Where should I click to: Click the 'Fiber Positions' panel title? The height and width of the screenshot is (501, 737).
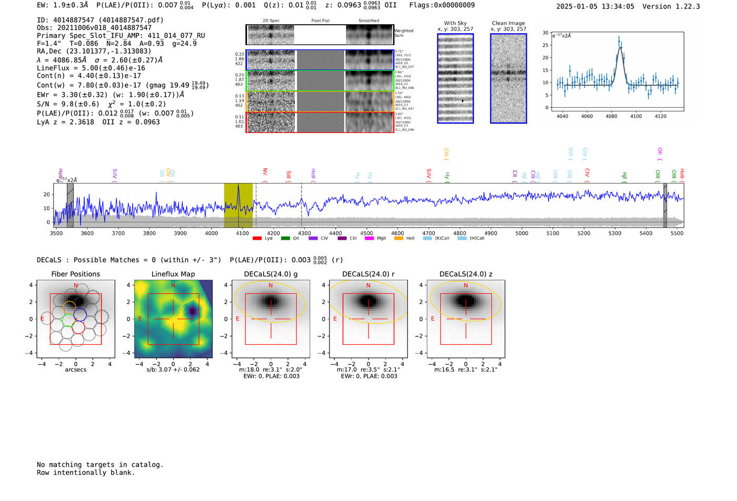[75, 274]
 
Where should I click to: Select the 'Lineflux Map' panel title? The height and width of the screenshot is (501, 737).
[173, 274]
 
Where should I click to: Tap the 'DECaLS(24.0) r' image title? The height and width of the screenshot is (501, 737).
[368, 274]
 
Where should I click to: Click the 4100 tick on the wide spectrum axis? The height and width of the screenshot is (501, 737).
[242, 233]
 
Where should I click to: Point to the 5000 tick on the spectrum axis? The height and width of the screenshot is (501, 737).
[522, 233]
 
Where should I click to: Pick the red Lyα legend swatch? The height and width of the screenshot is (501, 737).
[257, 238]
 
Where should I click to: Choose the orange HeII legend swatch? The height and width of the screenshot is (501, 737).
[399, 238]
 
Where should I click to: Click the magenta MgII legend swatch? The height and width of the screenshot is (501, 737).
[369, 238]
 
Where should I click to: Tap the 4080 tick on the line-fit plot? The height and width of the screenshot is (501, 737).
[611, 116]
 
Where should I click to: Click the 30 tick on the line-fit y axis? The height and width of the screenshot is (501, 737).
[545, 33]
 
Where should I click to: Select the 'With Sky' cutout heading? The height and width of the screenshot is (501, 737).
[455, 23]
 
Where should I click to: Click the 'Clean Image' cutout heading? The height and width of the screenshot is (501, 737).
[508, 23]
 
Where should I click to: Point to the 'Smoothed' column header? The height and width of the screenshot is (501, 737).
[368, 21]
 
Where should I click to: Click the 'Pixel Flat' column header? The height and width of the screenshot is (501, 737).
[320, 21]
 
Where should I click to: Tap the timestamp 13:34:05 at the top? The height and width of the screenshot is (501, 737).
[617, 6]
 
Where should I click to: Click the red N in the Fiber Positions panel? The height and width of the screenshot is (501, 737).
[76, 285]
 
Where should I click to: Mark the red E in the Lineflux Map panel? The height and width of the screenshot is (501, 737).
[140, 319]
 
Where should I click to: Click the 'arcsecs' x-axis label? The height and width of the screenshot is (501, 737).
[75, 370]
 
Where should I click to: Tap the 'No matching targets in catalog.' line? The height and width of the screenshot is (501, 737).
[100, 465]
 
